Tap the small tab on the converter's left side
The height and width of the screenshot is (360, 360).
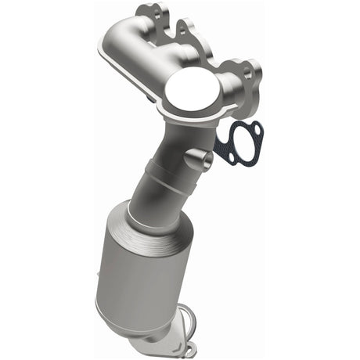click(99, 270)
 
